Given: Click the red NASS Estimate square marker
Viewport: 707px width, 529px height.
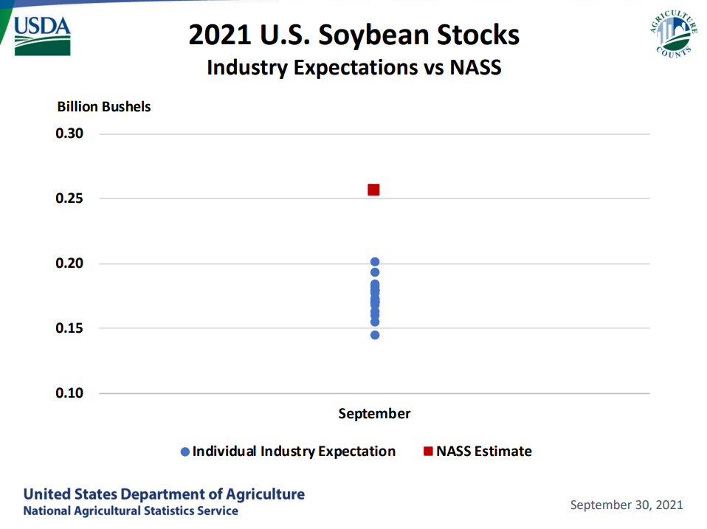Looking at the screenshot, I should (x=373, y=190).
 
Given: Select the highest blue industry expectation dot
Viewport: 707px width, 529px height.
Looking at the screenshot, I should (x=375, y=262).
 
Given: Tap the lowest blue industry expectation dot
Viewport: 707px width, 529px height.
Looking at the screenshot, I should (x=375, y=335).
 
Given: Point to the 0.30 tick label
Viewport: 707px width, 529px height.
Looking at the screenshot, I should (x=71, y=134).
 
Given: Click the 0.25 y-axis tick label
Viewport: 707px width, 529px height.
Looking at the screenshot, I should (x=71, y=198).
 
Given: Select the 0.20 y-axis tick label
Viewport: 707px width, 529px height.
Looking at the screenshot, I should (x=71, y=263).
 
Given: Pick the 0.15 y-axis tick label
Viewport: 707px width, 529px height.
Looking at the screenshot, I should (x=71, y=328).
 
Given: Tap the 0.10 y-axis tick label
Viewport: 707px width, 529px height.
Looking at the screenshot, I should (x=71, y=393).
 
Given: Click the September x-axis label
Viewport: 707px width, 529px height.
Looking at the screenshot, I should (x=374, y=413).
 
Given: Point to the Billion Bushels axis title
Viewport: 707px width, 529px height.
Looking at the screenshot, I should (x=104, y=107).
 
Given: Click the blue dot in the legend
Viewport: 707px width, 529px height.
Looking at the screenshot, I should (x=185, y=452).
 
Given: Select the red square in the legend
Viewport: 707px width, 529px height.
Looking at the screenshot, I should (x=428, y=452).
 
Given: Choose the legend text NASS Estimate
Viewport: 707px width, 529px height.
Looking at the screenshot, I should (x=483, y=452).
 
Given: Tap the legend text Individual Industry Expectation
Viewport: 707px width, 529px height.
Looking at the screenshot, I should (x=294, y=452).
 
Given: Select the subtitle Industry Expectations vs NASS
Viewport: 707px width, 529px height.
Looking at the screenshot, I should (x=354, y=68).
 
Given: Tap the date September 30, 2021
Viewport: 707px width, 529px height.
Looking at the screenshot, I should (x=627, y=505).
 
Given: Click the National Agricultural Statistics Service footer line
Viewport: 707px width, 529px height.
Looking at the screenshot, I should (x=131, y=511).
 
